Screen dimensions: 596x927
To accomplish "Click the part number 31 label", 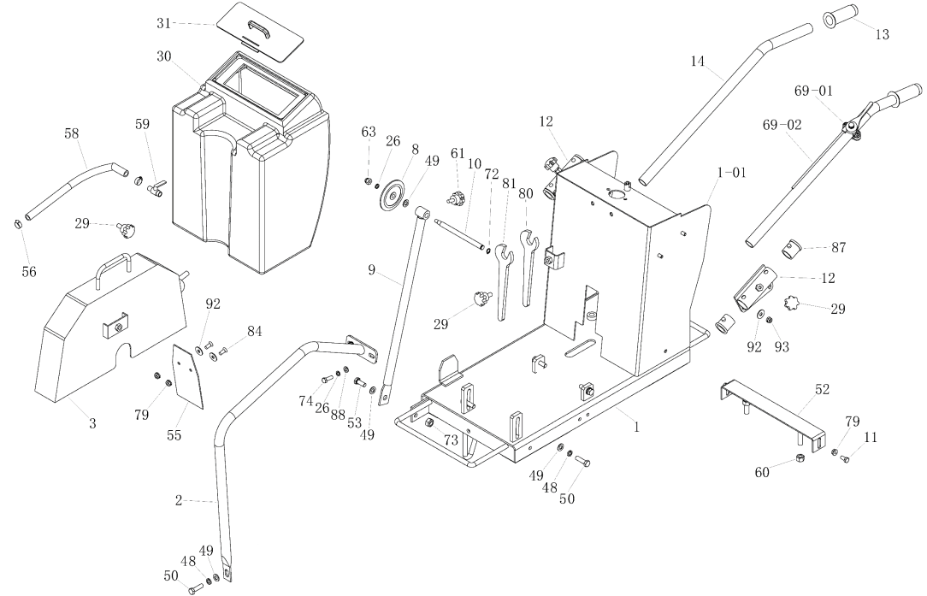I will [x=163, y=24].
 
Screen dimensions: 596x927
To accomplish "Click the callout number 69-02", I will [x=782, y=126].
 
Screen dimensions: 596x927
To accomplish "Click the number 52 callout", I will [x=822, y=389].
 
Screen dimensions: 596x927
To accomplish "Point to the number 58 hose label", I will [x=72, y=133].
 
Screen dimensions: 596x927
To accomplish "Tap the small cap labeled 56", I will [x=17, y=225].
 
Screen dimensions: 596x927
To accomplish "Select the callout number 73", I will [x=452, y=440].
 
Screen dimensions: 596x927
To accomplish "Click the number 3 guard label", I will [x=92, y=424].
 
